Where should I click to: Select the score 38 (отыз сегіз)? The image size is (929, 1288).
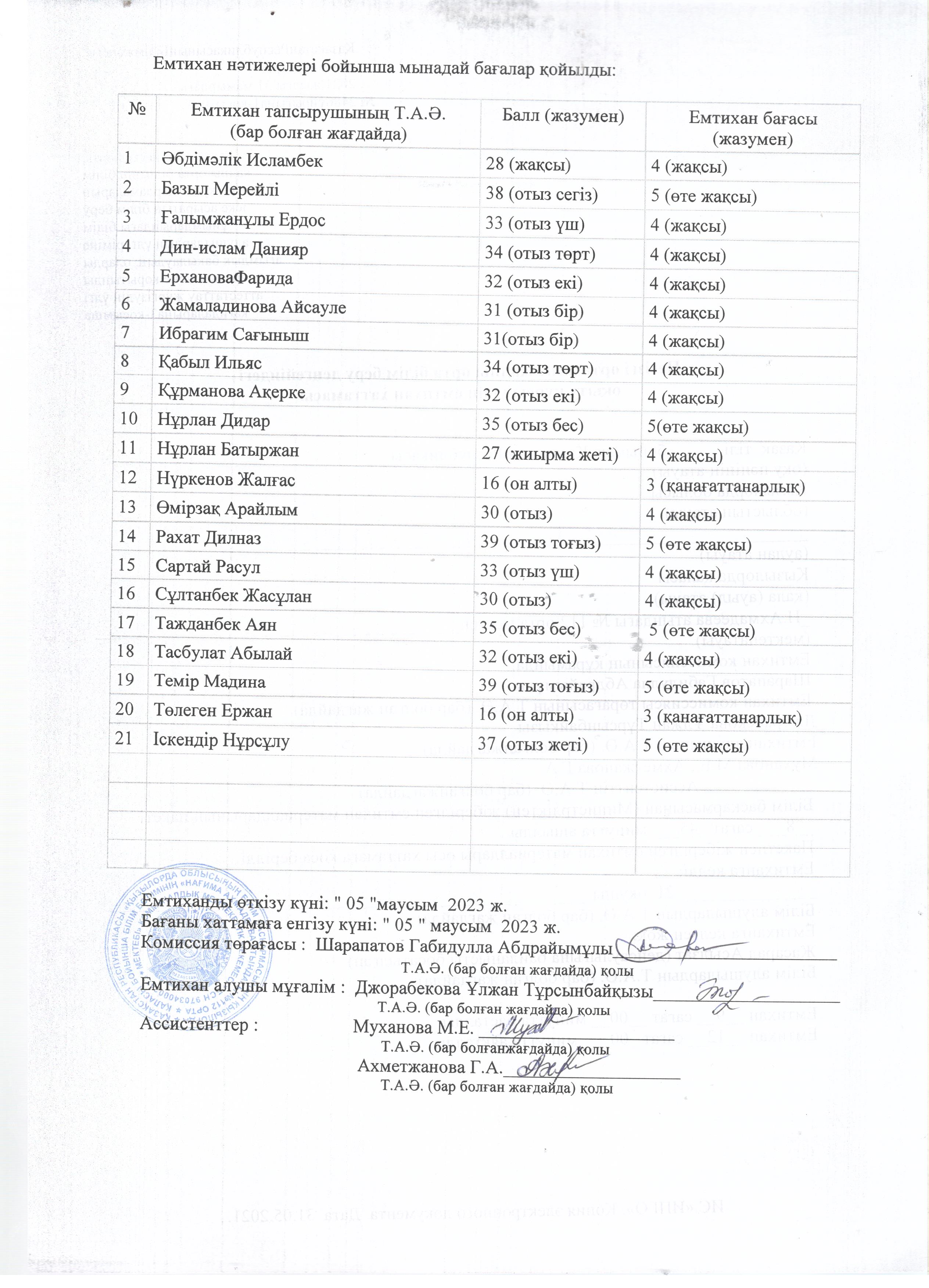click(x=542, y=194)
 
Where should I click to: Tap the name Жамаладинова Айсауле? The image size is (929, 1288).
click(x=252, y=307)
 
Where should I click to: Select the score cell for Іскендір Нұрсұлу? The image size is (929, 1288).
click(x=532, y=744)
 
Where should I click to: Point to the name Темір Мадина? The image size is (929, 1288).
click(x=210, y=682)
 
